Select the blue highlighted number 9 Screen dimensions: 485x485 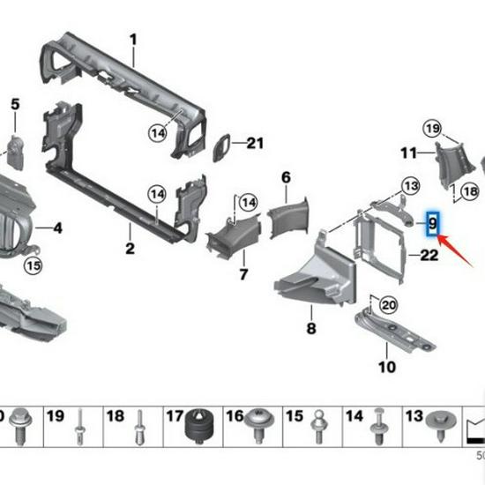pyautogui.click(x=432, y=224)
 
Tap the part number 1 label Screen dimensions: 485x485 pyautogui.click(x=134, y=40)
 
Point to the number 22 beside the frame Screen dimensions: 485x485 pyautogui.click(x=429, y=256)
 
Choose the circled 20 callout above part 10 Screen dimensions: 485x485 pyautogui.click(x=388, y=305)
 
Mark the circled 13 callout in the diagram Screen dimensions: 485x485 pyautogui.click(x=412, y=185)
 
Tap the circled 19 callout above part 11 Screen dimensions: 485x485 pyautogui.click(x=432, y=131)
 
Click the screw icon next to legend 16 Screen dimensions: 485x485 pyautogui.click(x=263, y=424)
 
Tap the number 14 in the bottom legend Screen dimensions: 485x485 pyautogui.click(x=354, y=415)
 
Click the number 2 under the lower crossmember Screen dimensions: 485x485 pyautogui.click(x=130, y=250)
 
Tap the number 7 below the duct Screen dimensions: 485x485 pyautogui.click(x=242, y=275)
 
